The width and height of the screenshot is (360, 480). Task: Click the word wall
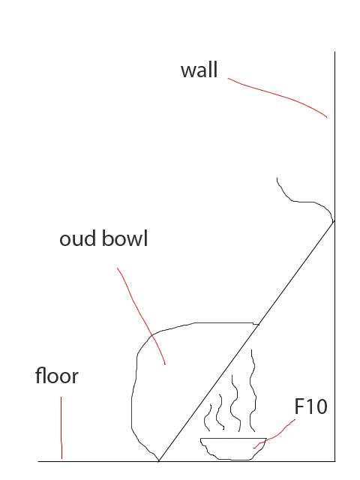[x=199, y=70]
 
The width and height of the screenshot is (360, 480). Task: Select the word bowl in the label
[x=125, y=238]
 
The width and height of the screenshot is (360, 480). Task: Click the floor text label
[x=57, y=375]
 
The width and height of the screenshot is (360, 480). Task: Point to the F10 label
[x=310, y=406]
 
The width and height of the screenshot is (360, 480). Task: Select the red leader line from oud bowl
[x=141, y=315]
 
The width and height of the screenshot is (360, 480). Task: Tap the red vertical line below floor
[x=61, y=427]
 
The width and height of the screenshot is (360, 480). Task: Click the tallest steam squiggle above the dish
[x=252, y=390]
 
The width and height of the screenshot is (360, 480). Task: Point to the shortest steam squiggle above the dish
[x=208, y=418]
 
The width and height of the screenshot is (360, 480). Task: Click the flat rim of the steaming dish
[x=233, y=438]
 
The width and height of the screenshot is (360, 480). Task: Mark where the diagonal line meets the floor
[x=159, y=460]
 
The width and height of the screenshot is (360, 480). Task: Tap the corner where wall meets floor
[x=335, y=461]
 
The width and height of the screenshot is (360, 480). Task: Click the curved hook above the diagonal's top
[x=298, y=202]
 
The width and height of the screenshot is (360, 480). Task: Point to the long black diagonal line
[x=247, y=341]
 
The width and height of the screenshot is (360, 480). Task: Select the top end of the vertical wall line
[x=334, y=52]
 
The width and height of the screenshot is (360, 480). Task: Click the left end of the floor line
[x=38, y=461]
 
